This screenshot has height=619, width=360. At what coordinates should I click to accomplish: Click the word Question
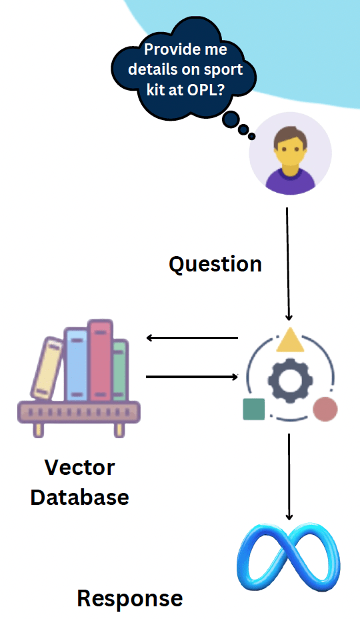pyautogui.click(x=215, y=264)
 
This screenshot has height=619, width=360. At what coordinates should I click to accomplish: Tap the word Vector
pyautogui.click(x=79, y=467)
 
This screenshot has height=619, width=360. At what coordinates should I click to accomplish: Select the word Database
pyautogui.click(x=79, y=497)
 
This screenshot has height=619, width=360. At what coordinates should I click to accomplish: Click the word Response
pyautogui.click(x=129, y=598)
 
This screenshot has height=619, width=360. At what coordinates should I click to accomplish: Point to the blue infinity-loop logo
pyautogui.click(x=289, y=557)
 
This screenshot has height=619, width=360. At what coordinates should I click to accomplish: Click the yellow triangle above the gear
pyautogui.click(x=290, y=341)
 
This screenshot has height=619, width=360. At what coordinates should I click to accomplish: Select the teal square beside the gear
pyautogui.click(x=254, y=409)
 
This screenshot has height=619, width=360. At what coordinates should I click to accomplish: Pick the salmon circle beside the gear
pyautogui.click(x=325, y=409)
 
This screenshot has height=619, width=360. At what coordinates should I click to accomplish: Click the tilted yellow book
pyautogui.click(x=47, y=370)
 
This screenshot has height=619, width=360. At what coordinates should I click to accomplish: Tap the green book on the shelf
pyautogui.click(x=119, y=370)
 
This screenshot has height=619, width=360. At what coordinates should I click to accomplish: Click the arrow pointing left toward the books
pyautogui.click(x=192, y=338)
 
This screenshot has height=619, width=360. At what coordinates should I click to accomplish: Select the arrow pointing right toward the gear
pyautogui.click(x=192, y=377)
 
